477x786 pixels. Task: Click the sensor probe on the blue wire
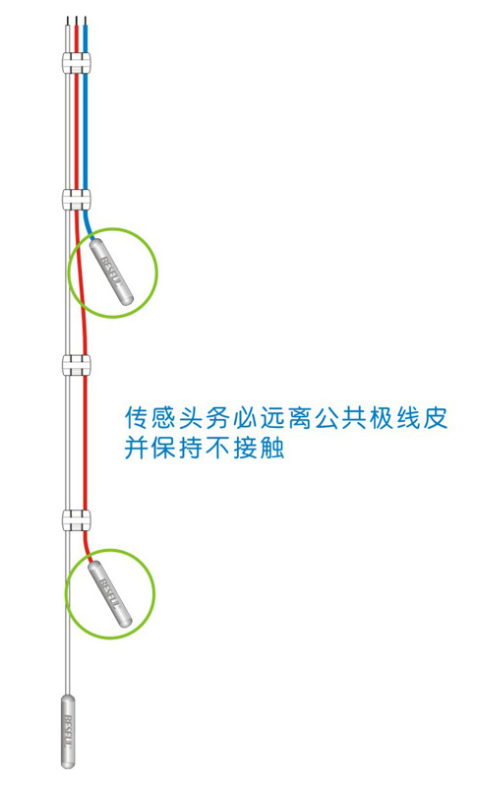pyautogui.click(x=111, y=272)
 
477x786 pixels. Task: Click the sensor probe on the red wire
pyautogui.click(x=110, y=593)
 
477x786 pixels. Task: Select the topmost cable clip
pyautogui.click(x=77, y=62)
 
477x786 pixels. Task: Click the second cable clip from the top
pyautogui.click(x=77, y=199)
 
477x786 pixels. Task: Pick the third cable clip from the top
pyautogui.click(x=77, y=365)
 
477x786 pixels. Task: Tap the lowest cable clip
pyautogui.click(x=77, y=519)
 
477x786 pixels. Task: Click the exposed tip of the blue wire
pyautogui.click(x=86, y=21)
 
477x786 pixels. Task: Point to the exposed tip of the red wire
pyautogui.click(x=76, y=21)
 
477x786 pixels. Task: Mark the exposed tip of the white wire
pyautogui.click(x=67, y=21)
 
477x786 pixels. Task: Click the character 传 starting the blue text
pyautogui.click(x=138, y=417)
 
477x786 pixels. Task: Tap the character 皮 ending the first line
pyautogui.click(x=435, y=417)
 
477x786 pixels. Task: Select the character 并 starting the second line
pyautogui.click(x=138, y=447)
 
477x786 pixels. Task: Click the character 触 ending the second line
pyautogui.click(x=272, y=447)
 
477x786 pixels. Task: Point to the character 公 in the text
pyautogui.click(x=327, y=417)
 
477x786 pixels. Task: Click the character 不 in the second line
pyautogui.click(x=218, y=447)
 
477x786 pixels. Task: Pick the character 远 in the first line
pyautogui.click(x=272, y=417)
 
